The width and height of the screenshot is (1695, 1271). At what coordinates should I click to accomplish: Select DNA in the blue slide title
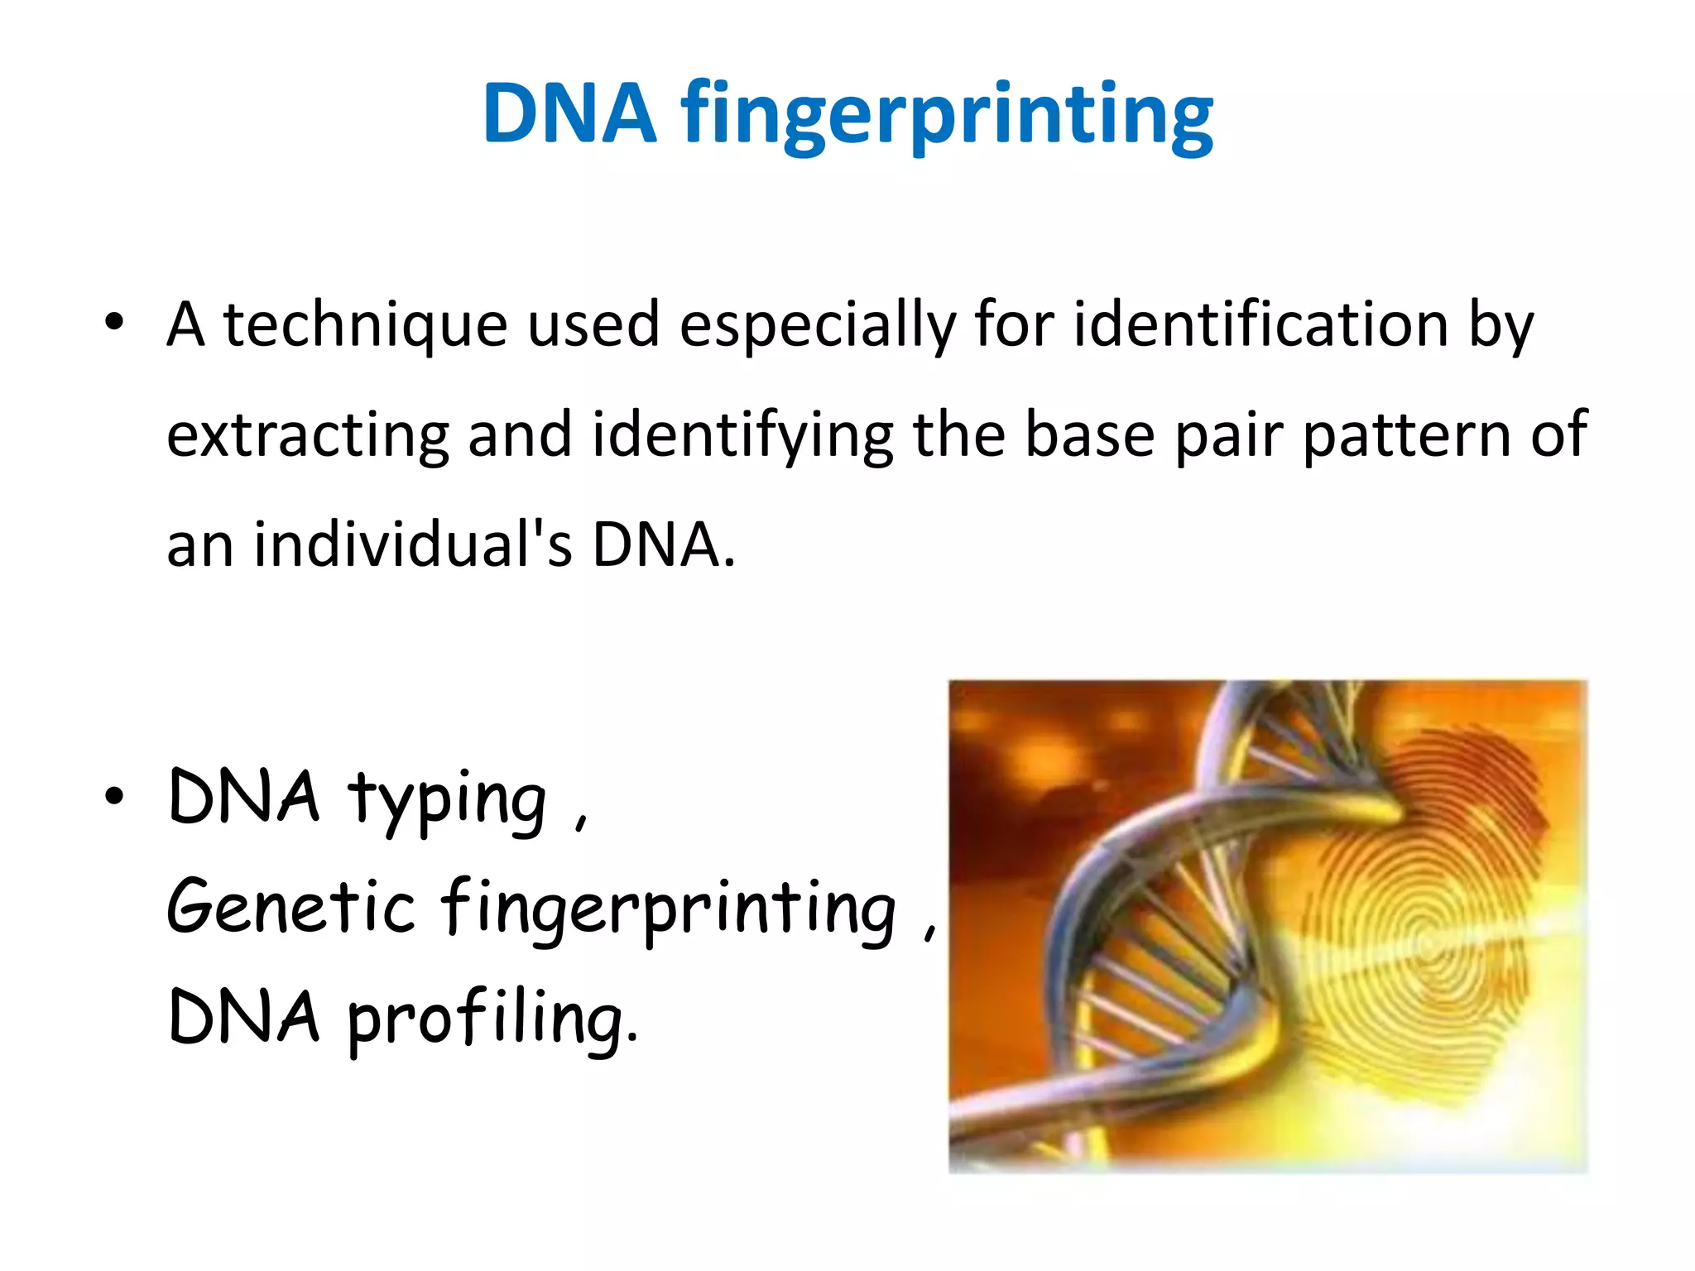(x=569, y=114)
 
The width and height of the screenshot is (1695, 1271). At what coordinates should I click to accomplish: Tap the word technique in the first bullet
(x=364, y=324)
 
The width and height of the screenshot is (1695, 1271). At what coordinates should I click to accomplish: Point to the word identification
(x=1260, y=324)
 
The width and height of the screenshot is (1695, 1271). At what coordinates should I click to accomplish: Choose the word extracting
(x=307, y=435)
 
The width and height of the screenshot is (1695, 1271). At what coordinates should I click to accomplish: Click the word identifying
(x=742, y=435)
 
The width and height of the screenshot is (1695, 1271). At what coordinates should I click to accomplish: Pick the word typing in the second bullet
(x=447, y=799)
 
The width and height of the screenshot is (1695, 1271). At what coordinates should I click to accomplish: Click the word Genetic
(x=291, y=907)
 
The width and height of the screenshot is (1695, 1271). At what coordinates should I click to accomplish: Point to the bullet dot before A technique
(x=114, y=322)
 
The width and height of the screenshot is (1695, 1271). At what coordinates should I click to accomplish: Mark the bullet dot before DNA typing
(x=114, y=796)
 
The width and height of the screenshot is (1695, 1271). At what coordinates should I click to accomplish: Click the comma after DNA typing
(x=581, y=821)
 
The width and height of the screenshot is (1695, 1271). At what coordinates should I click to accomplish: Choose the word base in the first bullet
(x=1089, y=435)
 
